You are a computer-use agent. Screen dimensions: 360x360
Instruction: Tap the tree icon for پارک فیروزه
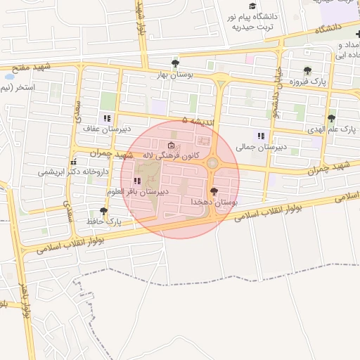(x=307, y=70)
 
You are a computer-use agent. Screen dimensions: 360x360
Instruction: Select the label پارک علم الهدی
(x=331, y=130)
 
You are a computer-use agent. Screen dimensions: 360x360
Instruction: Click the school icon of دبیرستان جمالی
(x=261, y=136)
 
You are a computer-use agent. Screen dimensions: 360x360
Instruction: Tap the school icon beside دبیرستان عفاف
(x=107, y=118)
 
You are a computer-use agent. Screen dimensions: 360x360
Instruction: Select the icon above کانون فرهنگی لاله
(x=172, y=146)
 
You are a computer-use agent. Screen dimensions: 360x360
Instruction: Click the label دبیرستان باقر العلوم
(x=137, y=191)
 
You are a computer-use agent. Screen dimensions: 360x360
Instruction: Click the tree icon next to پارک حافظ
(x=104, y=210)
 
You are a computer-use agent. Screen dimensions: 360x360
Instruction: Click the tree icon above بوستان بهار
(x=174, y=64)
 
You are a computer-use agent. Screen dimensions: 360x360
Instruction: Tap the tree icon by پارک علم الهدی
(x=331, y=119)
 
